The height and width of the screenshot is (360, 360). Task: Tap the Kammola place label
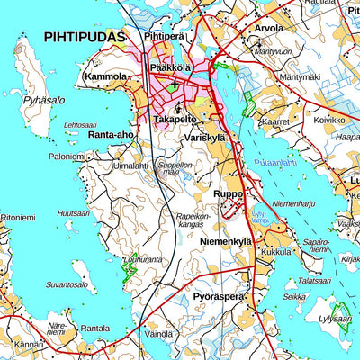105,78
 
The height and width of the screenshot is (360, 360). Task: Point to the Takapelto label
175,119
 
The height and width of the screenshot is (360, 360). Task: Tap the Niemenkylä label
225,241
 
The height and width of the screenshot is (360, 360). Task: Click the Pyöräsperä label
219,296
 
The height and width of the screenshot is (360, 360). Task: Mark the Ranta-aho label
112,135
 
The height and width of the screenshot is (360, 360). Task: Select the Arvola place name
267,28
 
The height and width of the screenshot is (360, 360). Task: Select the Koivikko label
328,120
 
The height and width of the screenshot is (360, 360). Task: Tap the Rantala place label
94,328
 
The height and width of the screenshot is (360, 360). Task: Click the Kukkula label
276,253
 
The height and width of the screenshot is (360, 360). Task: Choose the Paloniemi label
67,156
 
